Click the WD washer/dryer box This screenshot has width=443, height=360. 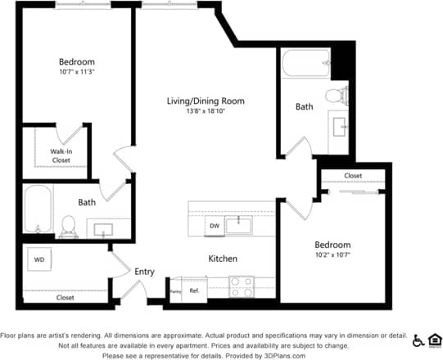point(38,260)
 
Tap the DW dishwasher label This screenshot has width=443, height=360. point(215,225)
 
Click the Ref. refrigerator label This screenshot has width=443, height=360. point(195,290)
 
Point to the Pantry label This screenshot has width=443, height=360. point(175,290)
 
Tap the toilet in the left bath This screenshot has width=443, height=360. point(69,224)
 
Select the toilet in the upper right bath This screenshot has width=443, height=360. point(334,95)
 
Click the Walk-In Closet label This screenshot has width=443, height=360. point(61,155)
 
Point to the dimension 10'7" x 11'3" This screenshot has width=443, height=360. point(76,72)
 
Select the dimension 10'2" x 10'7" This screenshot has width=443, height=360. point(332,254)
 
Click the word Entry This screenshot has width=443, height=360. point(144,272)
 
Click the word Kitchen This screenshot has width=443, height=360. point(223,259)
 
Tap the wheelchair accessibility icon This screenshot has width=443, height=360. point(418,340)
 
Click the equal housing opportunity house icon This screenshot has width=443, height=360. point(434,340)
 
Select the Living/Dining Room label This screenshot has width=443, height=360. point(206,101)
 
